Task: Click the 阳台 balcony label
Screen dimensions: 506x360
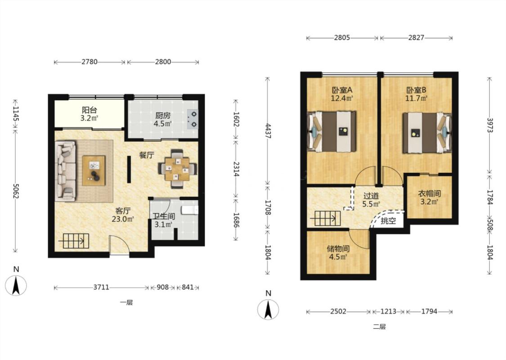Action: [90, 110]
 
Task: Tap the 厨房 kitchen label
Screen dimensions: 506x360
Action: [163, 116]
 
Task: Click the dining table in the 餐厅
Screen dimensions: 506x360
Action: [177, 169]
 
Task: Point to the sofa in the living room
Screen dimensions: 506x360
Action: [66, 171]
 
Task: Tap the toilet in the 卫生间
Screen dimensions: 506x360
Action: [189, 210]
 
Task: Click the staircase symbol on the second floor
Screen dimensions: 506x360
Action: [325, 219]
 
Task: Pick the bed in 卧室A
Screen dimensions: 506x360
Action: [332, 131]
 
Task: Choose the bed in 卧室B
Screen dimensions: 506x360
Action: [427, 132]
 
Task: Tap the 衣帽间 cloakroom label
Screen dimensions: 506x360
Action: [430, 193]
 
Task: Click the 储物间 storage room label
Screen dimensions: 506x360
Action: [338, 249]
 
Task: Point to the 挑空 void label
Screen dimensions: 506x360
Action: [388, 221]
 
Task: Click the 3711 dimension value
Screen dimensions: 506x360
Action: [101, 287]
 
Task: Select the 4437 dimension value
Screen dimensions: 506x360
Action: [268, 131]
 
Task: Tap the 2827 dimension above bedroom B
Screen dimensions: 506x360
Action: [416, 37]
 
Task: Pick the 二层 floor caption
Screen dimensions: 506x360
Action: [380, 327]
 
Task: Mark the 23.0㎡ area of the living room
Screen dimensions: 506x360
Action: [123, 219]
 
